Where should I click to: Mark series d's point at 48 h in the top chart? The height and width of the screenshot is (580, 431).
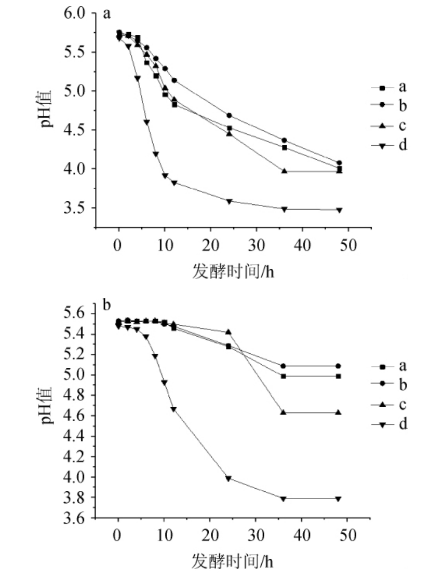(x=339, y=210)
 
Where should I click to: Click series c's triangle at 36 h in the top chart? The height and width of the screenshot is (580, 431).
(x=284, y=171)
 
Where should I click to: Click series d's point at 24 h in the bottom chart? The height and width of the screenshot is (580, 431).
(x=228, y=479)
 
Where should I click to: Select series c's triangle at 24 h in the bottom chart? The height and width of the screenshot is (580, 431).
(x=228, y=332)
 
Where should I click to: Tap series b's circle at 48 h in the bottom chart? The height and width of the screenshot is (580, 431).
(x=339, y=366)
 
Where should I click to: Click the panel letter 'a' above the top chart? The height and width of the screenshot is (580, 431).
(x=107, y=13)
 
